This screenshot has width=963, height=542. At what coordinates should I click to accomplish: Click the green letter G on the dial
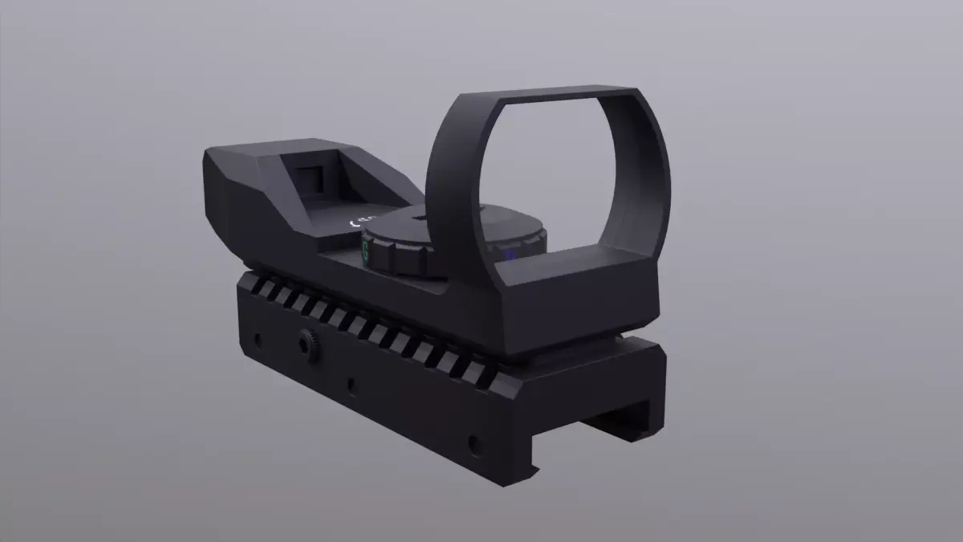coord(366,251)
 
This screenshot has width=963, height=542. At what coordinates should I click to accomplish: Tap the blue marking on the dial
coord(509,256)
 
